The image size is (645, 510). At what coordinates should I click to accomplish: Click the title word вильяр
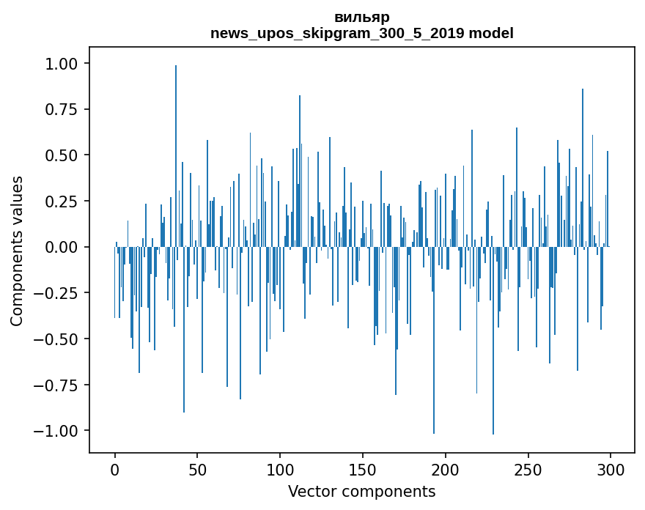pyautogui.click(x=361, y=17)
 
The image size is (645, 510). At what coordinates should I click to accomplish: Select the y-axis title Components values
pyautogui.click(x=17, y=251)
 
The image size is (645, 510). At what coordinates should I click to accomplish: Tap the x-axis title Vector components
pyautogui.click(x=361, y=492)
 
